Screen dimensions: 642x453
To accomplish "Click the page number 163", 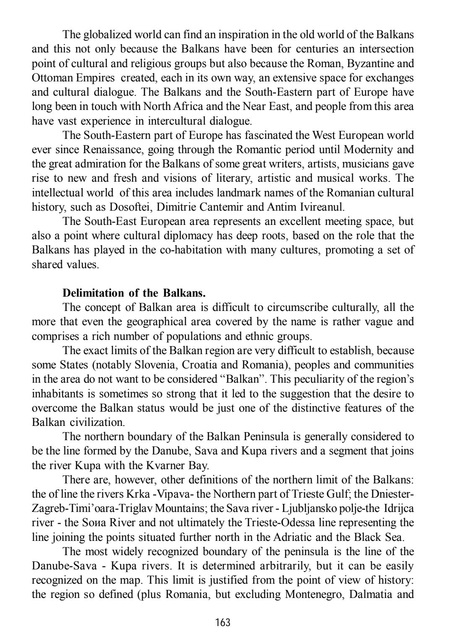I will [222, 622].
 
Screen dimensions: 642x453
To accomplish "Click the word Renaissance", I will [113, 150].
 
